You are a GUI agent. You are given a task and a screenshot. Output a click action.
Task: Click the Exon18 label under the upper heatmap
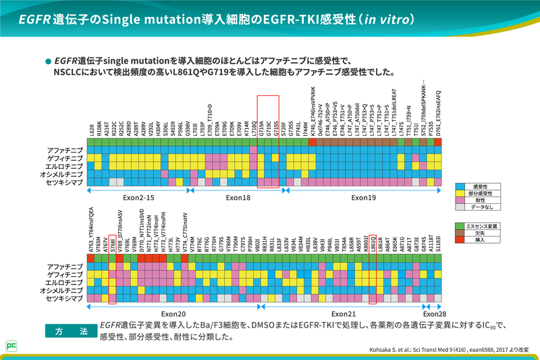click(234, 198)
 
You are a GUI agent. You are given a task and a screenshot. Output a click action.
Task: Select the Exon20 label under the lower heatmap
click(174, 313)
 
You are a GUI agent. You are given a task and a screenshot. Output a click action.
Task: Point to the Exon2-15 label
click(139, 198)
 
